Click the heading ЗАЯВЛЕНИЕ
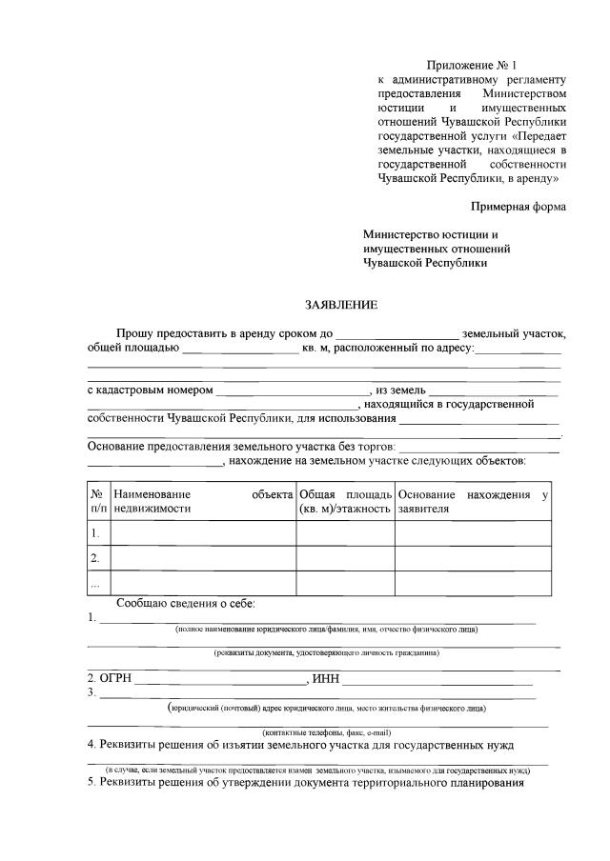[341, 306]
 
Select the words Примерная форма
[518, 206]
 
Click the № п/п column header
[97, 502]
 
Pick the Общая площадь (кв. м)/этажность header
[345, 502]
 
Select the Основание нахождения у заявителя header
[473, 502]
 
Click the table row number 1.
[95, 533]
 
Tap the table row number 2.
[95, 558]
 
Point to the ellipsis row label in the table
[94, 582]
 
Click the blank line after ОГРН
[222, 682]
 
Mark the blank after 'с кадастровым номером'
[293, 392]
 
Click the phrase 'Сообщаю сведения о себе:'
[186, 604]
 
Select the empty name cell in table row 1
[203, 533]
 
